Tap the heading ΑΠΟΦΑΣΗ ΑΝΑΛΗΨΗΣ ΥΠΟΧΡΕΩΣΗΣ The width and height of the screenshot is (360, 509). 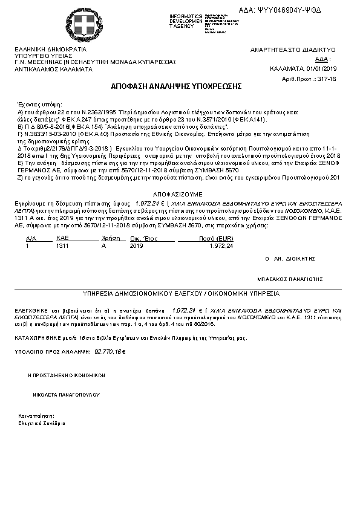[177, 86]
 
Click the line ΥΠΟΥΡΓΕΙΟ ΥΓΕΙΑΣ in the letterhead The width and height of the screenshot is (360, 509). [39, 56]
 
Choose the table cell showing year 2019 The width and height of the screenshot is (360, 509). [136, 247]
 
